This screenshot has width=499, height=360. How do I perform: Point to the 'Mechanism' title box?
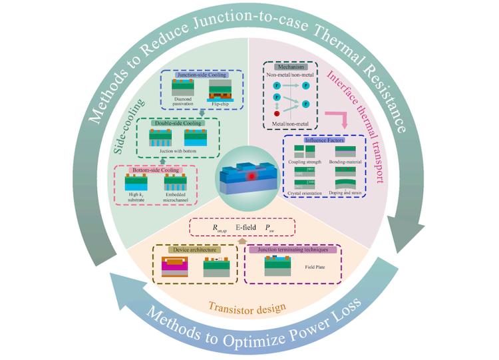(x=287, y=68)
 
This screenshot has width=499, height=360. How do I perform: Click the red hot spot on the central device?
(x=250, y=176)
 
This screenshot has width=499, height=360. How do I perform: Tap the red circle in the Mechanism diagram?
(x=277, y=114)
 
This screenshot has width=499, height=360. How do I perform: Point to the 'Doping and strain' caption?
(x=349, y=192)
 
